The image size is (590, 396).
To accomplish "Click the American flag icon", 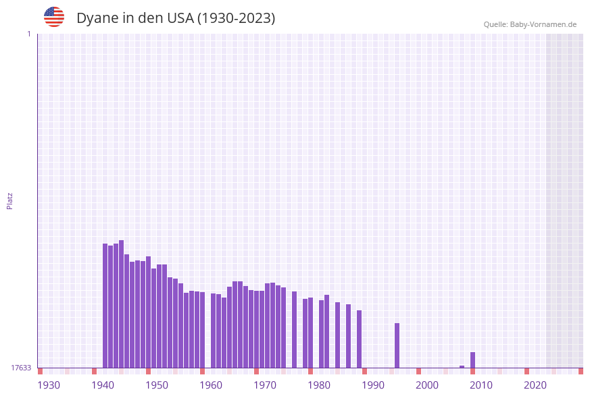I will (54, 17).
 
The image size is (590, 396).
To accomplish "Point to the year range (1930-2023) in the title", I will (236, 18).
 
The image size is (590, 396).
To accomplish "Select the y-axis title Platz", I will (9, 200).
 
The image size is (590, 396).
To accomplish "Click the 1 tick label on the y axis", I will (28, 34).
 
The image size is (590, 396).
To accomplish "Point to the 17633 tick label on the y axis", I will (21, 368).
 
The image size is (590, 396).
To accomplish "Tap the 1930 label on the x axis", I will (49, 385).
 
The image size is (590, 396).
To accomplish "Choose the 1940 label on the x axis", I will (103, 385).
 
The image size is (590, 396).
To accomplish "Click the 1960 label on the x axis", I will (211, 385).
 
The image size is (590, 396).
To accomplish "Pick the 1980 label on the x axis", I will (319, 385).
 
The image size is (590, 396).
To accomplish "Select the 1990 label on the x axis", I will (373, 385).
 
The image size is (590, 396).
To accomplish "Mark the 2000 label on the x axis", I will (427, 385).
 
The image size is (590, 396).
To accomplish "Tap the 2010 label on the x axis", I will (481, 385).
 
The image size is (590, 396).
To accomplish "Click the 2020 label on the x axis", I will (535, 385).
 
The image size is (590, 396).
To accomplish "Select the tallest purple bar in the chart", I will (122, 304).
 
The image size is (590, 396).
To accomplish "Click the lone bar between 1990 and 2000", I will (397, 345).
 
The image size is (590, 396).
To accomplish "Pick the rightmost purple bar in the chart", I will (473, 360).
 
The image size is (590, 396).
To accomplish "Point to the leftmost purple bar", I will (105, 306).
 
